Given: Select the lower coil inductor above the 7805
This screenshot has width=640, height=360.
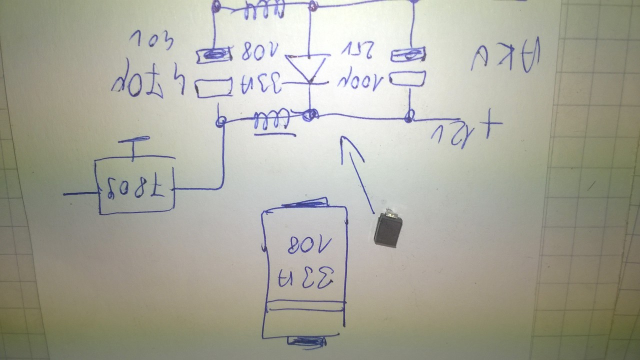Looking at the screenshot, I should coord(272,120).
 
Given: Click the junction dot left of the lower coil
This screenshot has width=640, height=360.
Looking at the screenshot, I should coord(220,120).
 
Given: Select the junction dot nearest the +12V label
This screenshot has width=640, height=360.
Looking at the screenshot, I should coord(409,117).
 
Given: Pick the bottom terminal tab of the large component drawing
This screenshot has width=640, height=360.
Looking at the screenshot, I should coord(306,342).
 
